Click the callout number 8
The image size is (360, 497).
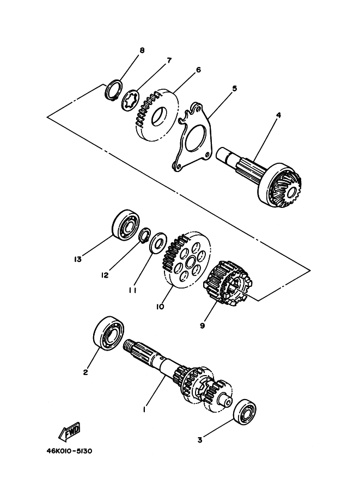[142, 50]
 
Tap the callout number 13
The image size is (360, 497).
[77, 259]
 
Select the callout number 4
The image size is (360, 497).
[278, 115]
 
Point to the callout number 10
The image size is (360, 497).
[160, 307]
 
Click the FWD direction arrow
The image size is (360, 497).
[70, 432]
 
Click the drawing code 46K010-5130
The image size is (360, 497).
[70, 451]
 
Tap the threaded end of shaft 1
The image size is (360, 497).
[130, 344]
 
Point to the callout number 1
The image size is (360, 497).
[144, 410]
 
